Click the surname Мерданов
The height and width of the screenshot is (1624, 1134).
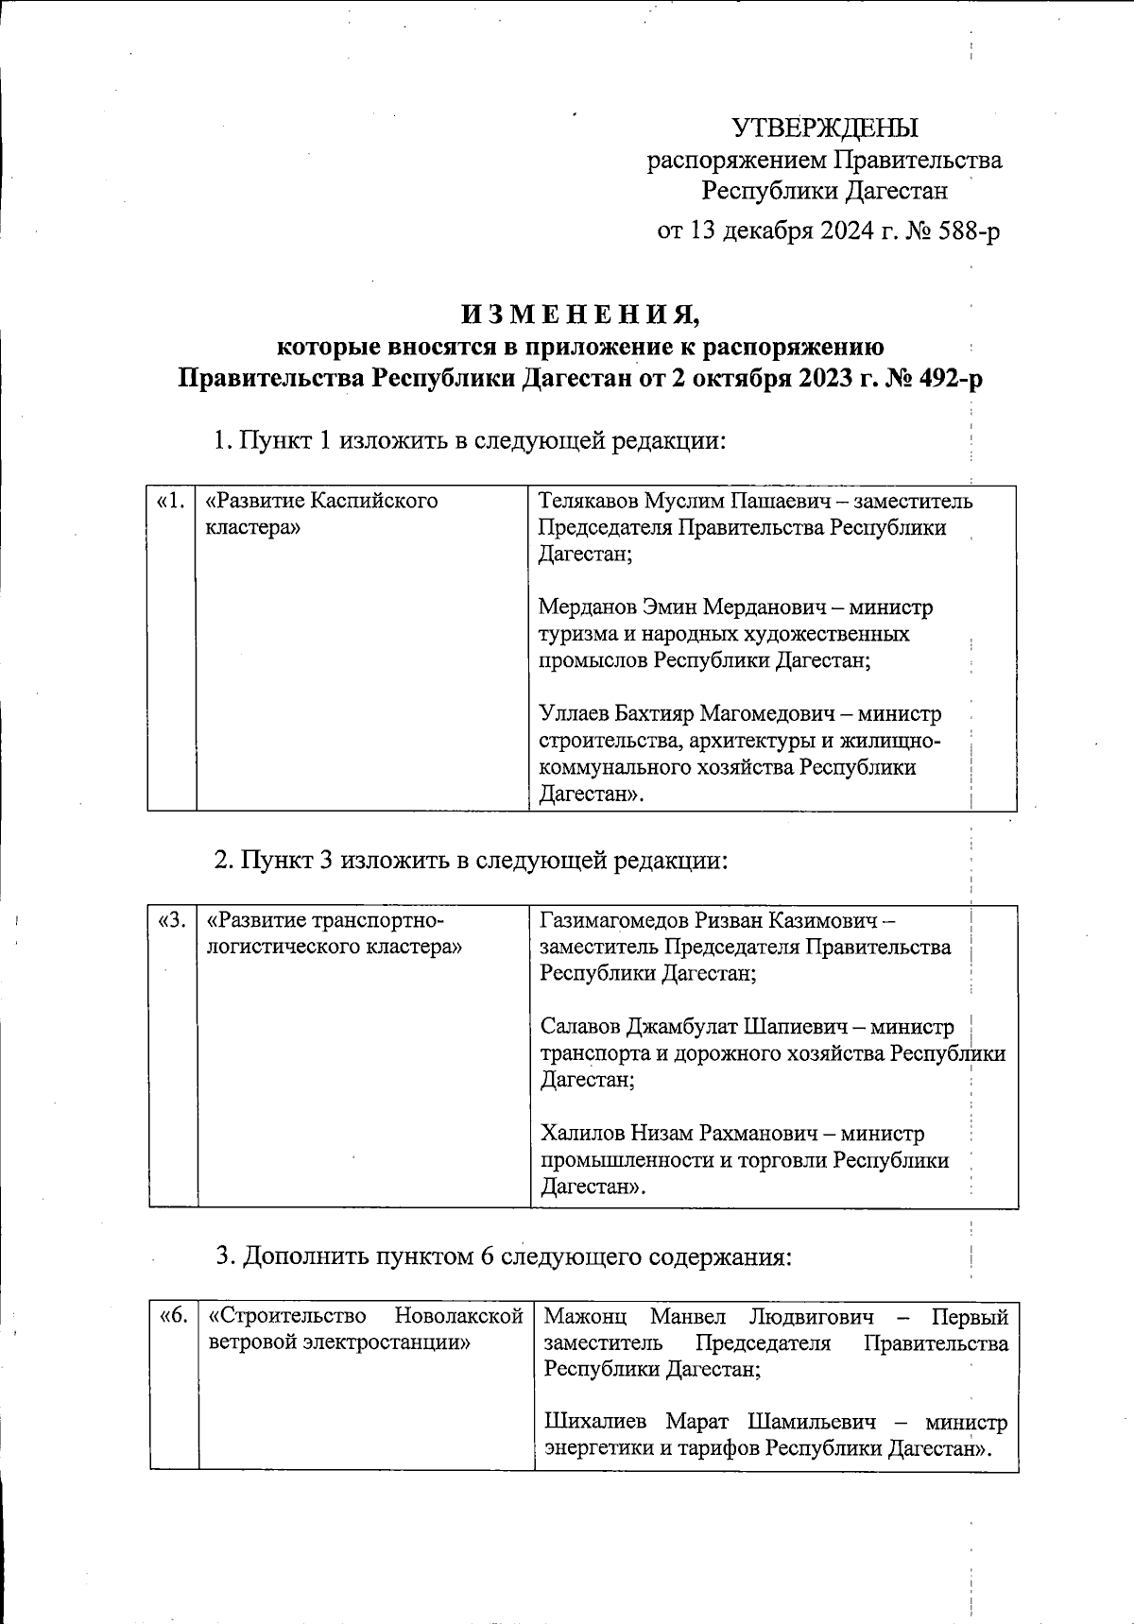click(585, 607)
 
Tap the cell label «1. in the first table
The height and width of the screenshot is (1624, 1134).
click(171, 501)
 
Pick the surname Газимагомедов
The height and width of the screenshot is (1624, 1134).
click(615, 919)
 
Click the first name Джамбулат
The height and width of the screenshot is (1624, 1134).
click(683, 1026)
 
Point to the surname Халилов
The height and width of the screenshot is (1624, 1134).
click(580, 1133)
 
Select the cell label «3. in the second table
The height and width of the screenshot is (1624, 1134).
click(173, 919)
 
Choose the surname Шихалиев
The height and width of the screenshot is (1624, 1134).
click(600, 1422)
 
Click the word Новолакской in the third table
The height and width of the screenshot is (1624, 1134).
click(458, 1316)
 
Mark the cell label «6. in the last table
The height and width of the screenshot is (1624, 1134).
click(174, 1316)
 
